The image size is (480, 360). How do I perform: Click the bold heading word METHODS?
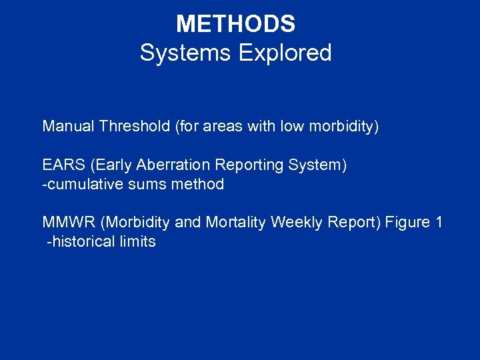pyautogui.click(x=235, y=25)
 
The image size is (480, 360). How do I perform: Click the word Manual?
pyautogui.click(x=68, y=126)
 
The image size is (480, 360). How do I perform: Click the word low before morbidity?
pyautogui.click(x=291, y=126)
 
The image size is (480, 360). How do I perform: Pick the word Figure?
pyautogui.click(x=406, y=222)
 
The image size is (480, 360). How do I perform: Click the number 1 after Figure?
pyautogui.click(x=438, y=222)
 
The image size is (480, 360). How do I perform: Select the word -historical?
pyautogui.click(x=81, y=241)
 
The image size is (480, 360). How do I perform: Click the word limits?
pyautogui.click(x=139, y=241)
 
